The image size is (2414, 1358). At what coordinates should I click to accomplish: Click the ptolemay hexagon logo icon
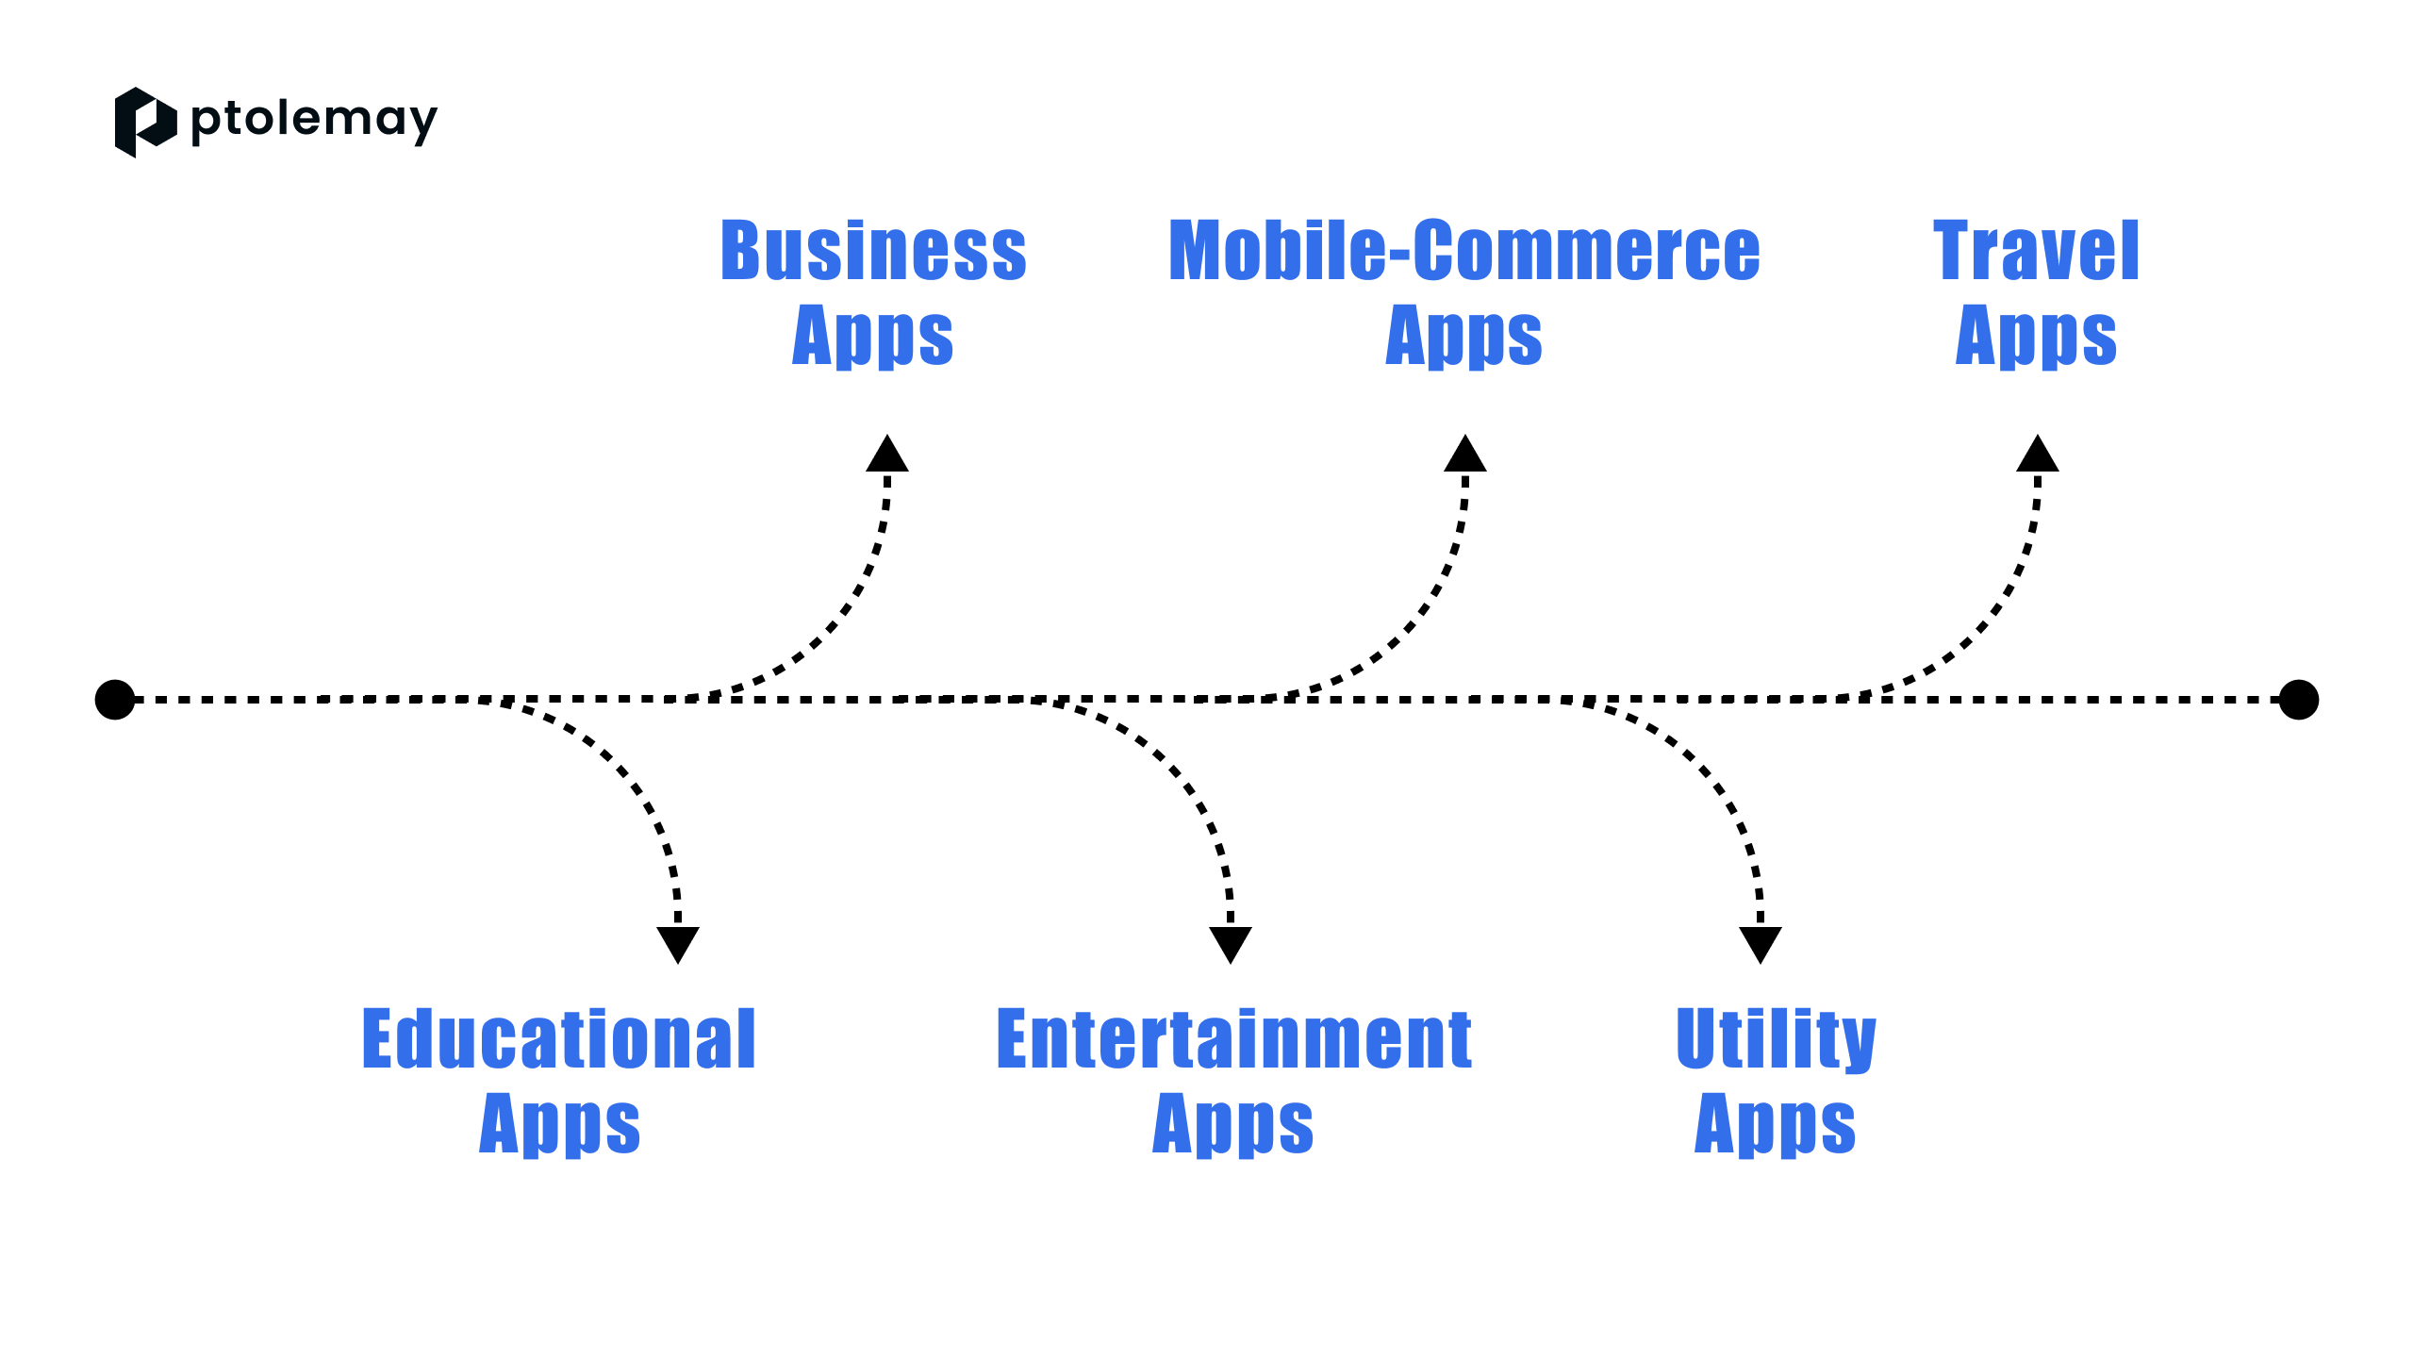pyautogui.click(x=145, y=123)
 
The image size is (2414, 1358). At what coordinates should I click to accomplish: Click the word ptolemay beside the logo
pyautogui.click(x=314, y=122)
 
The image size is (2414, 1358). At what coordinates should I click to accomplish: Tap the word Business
pyautogui.click(x=873, y=251)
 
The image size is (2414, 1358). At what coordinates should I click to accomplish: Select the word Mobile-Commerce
pyautogui.click(x=1464, y=251)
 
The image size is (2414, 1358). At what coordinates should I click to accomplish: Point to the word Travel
pyautogui.click(x=2036, y=251)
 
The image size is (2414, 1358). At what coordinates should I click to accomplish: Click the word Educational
pyautogui.click(x=559, y=1038)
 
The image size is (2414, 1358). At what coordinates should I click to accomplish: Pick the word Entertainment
pyautogui.click(x=1233, y=1038)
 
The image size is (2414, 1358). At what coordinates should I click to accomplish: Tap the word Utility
pyautogui.click(x=1776, y=1040)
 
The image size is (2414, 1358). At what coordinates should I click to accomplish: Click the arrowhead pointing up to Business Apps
pyautogui.click(x=887, y=453)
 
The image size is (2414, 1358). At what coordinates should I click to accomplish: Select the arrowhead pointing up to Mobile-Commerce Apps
pyautogui.click(x=1465, y=453)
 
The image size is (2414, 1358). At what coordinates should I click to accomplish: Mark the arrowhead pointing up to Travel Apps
pyautogui.click(x=2038, y=453)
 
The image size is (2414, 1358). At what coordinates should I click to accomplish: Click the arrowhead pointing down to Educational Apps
pyautogui.click(x=678, y=945)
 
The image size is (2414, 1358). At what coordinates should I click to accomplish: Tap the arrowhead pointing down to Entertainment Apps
pyautogui.click(x=1231, y=945)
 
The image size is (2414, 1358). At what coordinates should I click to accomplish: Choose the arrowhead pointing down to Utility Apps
pyautogui.click(x=1761, y=945)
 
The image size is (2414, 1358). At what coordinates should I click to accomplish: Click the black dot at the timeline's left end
pyautogui.click(x=115, y=700)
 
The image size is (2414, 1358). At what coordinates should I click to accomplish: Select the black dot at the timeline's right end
pyautogui.click(x=2299, y=700)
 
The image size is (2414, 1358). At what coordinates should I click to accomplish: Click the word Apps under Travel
pyautogui.click(x=2036, y=337)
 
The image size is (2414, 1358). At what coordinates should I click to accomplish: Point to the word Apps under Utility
pyautogui.click(x=1776, y=1125)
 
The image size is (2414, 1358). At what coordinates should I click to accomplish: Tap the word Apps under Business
pyautogui.click(x=873, y=337)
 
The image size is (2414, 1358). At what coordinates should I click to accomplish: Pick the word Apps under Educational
pyautogui.click(x=559, y=1125)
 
